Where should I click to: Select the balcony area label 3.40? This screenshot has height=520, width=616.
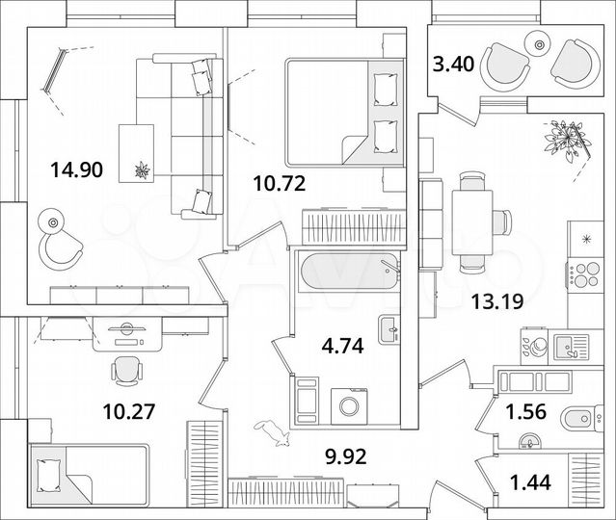pyautogui.click(x=453, y=66)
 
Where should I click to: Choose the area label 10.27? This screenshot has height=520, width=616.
pyautogui.click(x=129, y=412)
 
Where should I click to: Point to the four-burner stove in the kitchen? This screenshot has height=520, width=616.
pyautogui.click(x=584, y=273)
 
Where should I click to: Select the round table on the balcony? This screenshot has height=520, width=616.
pyautogui.click(x=536, y=41)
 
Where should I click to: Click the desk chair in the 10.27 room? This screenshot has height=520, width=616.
pyautogui.click(x=125, y=370)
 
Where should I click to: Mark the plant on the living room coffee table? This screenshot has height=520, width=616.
pyautogui.click(x=143, y=170)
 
